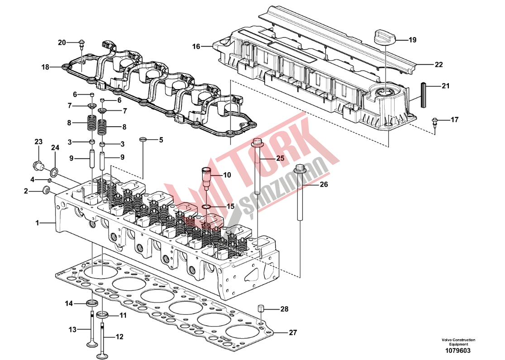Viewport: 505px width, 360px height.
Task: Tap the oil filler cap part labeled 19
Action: [x=385, y=37]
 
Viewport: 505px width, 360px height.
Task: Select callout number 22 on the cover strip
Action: [x=438, y=65]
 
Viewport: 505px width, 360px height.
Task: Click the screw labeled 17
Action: [x=434, y=121]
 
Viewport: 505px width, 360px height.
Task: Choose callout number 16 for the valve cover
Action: [x=196, y=47]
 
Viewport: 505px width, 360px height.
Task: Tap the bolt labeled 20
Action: [x=81, y=43]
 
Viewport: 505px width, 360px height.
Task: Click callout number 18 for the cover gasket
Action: [x=45, y=67]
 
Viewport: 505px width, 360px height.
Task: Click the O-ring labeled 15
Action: [x=206, y=207]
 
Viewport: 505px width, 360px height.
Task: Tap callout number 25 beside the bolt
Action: [x=280, y=158]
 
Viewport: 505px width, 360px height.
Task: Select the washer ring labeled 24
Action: [x=54, y=171]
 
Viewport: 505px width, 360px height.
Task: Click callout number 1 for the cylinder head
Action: [x=38, y=223]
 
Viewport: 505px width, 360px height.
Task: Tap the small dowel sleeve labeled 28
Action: [x=261, y=309]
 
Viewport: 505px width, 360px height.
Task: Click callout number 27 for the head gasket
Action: [x=293, y=332]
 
